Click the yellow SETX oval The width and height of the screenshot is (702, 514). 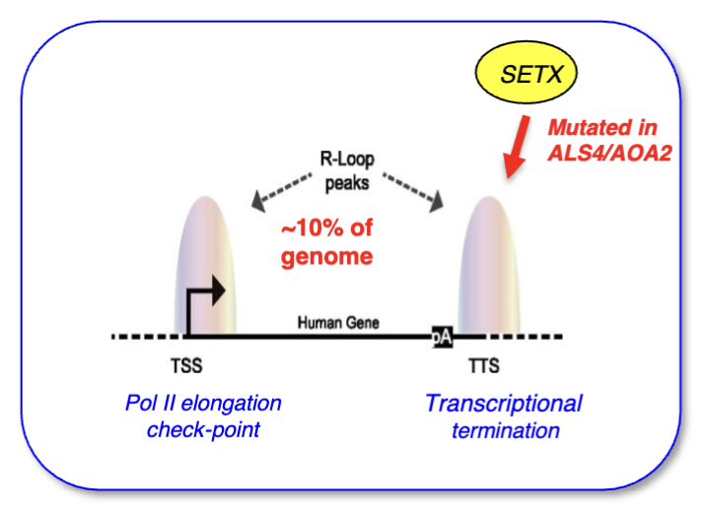[526, 73]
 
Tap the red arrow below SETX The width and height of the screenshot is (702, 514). [517, 147]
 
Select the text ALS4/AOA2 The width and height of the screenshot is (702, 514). [609, 154]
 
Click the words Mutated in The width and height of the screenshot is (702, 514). [602, 127]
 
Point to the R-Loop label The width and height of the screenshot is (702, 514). [347, 160]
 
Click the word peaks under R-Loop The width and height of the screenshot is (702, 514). [347, 183]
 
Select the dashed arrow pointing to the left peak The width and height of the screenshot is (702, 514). [281, 193]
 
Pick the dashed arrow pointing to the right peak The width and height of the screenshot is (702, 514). [413, 193]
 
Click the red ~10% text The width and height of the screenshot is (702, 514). [326, 227]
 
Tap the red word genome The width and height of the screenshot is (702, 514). [326, 257]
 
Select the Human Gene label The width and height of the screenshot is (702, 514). [338, 322]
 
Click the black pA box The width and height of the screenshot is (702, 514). [442, 337]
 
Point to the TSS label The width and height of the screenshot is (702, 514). [186, 365]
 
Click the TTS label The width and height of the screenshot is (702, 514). [484, 365]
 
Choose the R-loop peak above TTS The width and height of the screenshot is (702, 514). [488, 266]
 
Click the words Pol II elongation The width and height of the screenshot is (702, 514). [203, 403]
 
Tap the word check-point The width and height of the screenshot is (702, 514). [203, 430]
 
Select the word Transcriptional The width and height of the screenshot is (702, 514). [504, 403]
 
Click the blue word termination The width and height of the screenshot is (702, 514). [506, 431]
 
